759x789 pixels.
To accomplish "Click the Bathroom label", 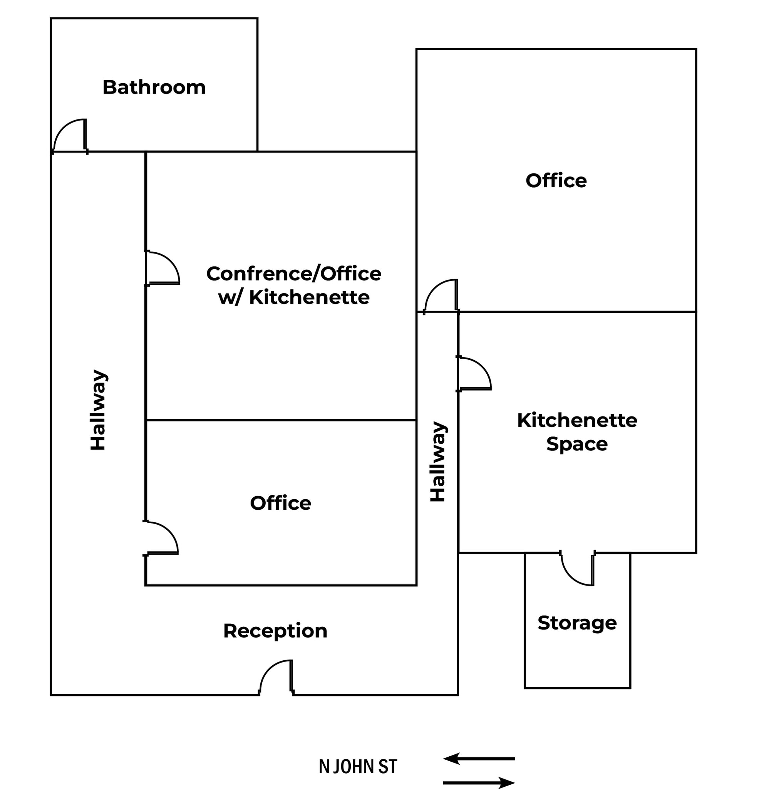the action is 154,87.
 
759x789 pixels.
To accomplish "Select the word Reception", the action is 275,631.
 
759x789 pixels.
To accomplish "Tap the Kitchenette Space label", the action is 577,432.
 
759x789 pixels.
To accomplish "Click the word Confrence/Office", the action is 294,274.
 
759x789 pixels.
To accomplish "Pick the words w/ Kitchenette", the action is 294,297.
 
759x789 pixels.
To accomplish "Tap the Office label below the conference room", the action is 280,503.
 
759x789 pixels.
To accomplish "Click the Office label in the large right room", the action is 556,181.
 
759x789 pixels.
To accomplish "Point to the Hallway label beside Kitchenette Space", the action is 438,462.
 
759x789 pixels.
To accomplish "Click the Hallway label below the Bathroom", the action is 98,410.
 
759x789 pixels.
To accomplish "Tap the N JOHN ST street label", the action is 358,767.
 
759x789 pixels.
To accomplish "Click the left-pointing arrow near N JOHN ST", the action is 479,759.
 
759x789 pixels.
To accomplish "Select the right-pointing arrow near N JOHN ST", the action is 479,783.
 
